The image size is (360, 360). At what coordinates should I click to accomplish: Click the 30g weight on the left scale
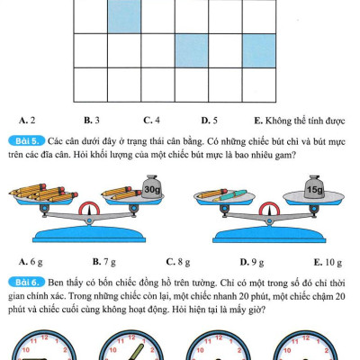point(152,187)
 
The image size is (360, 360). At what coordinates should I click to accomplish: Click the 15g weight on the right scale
point(314,187)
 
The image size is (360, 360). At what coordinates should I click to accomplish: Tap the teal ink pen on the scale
point(230,195)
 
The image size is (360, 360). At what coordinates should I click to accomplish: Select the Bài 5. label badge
point(27,140)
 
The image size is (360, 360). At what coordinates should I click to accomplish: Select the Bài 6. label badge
point(27,283)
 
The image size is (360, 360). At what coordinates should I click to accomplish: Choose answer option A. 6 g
point(31,262)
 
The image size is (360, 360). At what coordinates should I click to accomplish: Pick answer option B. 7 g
point(104,262)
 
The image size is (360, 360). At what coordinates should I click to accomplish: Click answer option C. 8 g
point(178,262)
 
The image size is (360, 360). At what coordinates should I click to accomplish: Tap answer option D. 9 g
point(252,262)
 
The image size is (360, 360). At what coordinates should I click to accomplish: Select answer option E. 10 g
point(328,262)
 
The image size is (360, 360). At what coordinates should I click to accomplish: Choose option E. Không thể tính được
point(300,121)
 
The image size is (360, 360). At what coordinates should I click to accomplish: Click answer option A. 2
point(27,121)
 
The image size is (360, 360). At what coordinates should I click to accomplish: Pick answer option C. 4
point(152,121)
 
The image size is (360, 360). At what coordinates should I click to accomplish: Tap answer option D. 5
point(210,121)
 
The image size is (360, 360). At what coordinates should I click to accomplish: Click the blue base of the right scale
point(269,235)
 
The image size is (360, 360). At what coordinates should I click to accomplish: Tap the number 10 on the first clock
point(26,350)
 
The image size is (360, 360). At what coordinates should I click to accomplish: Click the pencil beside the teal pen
point(212,193)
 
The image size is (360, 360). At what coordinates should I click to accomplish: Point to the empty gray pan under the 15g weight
point(313,197)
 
